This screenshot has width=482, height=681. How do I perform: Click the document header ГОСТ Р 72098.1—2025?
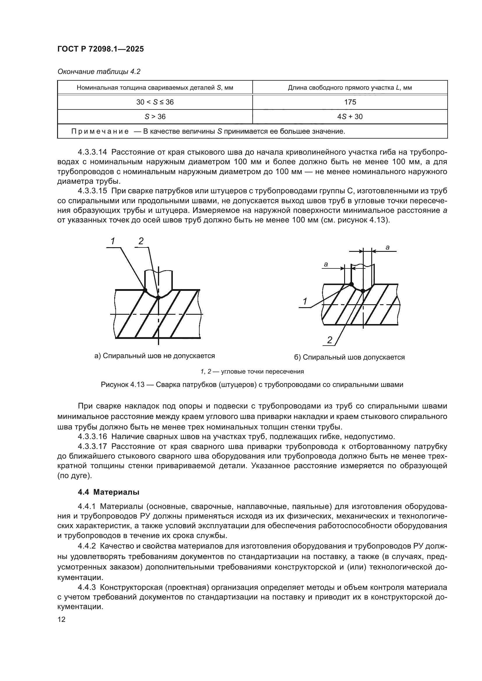click(x=100, y=49)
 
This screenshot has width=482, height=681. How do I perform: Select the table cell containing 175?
click(x=350, y=102)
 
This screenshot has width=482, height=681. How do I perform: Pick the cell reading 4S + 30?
click(x=350, y=116)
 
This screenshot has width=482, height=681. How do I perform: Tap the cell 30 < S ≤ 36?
click(x=155, y=102)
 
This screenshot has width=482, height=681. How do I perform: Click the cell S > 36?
click(x=155, y=116)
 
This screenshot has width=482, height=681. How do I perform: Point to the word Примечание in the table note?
click(x=100, y=131)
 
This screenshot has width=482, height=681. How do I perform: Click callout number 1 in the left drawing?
click(x=112, y=241)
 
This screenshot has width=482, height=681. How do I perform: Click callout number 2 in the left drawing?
click(x=141, y=241)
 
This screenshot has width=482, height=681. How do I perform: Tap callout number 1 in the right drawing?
click(x=305, y=302)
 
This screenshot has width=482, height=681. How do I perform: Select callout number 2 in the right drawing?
click(x=330, y=340)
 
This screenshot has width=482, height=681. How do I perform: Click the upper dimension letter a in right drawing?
click(x=387, y=247)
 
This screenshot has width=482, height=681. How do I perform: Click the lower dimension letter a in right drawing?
click(x=326, y=264)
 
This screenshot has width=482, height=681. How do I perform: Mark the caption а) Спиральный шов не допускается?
click(x=154, y=355)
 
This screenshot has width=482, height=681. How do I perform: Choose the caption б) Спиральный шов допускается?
click(x=349, y=357)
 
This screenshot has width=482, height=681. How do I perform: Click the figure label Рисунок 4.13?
click(x=123, y=385)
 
